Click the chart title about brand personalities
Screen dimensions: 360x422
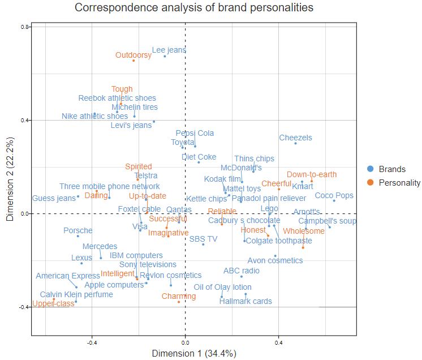pos(194,8)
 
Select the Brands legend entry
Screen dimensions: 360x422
pos(391,169)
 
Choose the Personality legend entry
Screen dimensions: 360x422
pos(399,182)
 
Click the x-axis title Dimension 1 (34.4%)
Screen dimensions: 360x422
pos(194,353)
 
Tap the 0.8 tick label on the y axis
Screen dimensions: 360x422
pos(24,27)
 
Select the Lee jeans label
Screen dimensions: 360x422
pos(169,50)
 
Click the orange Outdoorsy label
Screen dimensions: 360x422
pos(134,55)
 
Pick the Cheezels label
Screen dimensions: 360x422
pos(295,138)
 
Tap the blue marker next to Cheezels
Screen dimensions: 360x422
pos(295,143)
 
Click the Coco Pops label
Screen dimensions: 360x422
pos(334,195)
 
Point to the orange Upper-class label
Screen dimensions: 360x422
pos(53,304)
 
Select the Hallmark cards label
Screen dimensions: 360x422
pos(246,301)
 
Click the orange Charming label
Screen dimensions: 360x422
pos(179,296)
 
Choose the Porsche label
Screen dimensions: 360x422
pos(78,230)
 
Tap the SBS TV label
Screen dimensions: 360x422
pos(203,239)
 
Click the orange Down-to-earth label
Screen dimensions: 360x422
pos(312,175)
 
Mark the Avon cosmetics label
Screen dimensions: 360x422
pos(275,260)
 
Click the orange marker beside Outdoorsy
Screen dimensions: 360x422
pos(134,61)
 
